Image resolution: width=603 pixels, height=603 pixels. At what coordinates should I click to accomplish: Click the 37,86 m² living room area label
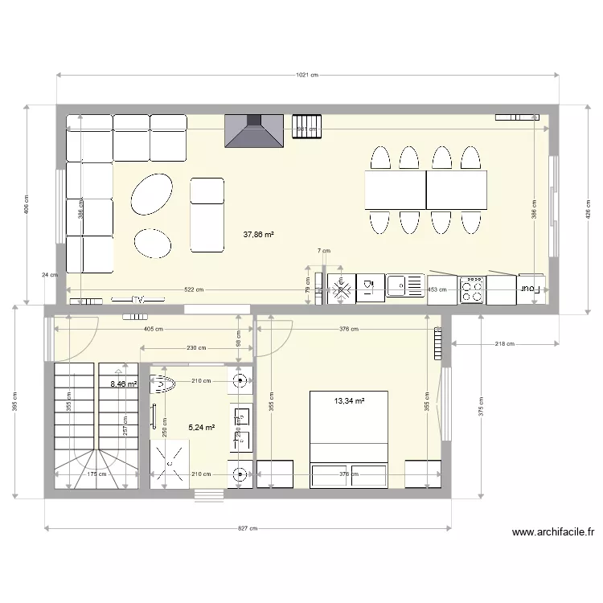point(258,236)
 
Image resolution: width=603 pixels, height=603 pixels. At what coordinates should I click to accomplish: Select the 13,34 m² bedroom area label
point(350,400)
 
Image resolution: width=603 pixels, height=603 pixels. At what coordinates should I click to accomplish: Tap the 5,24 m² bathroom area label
point(201,428)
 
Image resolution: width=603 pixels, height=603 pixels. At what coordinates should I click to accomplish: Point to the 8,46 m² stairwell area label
point(124,384)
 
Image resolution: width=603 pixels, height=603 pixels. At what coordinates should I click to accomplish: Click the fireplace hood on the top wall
point(254,132)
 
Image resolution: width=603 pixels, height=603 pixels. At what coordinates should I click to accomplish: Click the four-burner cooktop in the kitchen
point(472,289)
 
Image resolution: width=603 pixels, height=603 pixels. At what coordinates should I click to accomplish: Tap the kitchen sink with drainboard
point(404,285)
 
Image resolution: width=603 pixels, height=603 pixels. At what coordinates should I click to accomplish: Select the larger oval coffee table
point(151,194)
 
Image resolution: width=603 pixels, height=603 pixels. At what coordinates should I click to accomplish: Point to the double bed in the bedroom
point(350,438)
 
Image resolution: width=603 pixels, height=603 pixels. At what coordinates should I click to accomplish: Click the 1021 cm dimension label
point(308,75)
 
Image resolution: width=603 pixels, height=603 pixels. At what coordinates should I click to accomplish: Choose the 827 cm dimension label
point(248,528)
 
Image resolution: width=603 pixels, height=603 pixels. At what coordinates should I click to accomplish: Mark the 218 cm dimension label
point(505,344)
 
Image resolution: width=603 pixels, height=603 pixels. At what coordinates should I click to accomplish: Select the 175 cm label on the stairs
point(96,474)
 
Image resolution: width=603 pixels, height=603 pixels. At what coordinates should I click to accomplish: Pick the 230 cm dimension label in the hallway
point(196,348)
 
